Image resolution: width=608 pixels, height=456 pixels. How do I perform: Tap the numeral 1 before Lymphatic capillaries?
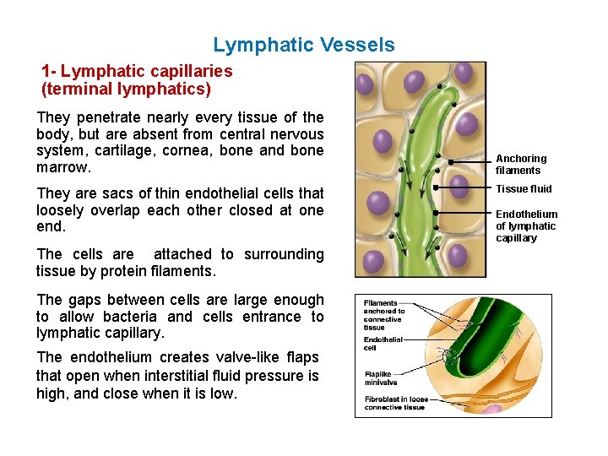point(46,71)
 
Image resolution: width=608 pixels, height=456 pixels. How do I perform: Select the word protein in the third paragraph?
point(117,271)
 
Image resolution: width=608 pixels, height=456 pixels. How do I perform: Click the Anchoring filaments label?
point(520,164)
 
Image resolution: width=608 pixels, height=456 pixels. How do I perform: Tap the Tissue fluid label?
point(524,188)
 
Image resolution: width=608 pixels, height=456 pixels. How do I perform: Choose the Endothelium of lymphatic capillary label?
point(526,225)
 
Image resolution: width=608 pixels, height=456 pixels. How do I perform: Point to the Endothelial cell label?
point(383,343)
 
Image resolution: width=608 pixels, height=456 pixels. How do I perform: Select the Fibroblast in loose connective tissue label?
point(394,403)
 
